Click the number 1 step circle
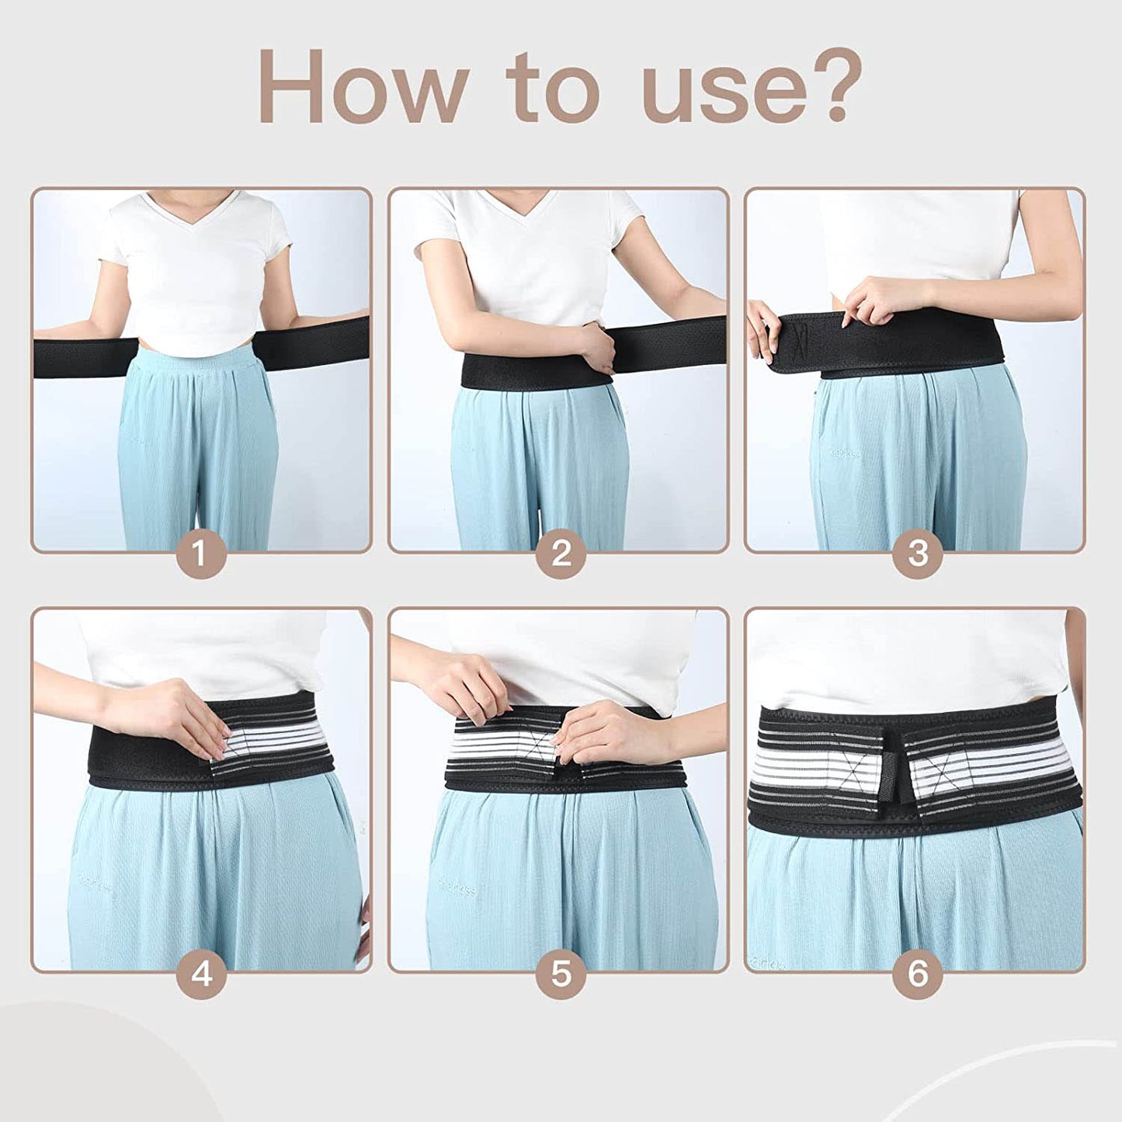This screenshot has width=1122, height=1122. click(201, 554)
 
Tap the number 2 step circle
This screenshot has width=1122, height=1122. click(561, 554)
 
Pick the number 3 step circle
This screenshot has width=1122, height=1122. click(918, 554)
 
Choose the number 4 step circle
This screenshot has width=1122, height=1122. click(201, 974)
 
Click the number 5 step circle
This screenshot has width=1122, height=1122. click(561, 974)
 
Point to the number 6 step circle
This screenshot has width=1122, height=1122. click(918, 974)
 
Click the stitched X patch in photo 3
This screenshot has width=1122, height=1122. click(800, 339)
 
